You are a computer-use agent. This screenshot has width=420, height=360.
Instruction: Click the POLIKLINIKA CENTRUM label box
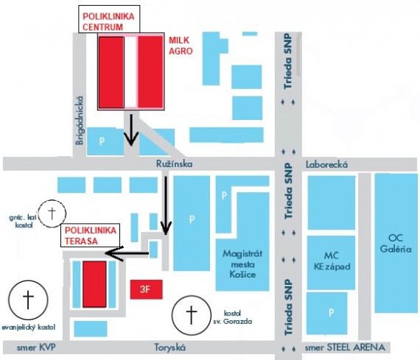(x=109, y=19)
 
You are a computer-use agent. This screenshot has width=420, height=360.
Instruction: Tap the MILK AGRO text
(x=181, y=46)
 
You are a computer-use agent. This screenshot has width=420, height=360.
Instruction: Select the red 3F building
(x=146, y=289)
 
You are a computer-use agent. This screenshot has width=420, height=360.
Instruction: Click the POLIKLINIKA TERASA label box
(x=91, y=236)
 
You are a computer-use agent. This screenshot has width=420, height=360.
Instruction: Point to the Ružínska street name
(x=175, y=164)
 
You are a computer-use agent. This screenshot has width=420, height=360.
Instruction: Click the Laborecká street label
(x=326, y=164)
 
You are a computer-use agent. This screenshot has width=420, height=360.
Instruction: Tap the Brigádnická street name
(x=80, y=121)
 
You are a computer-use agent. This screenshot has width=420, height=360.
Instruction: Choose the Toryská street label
(x=169, y=347)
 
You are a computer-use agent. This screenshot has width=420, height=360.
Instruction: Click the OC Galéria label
(x=396, y=243)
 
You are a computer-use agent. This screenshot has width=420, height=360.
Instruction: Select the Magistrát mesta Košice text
(x=242, y=264)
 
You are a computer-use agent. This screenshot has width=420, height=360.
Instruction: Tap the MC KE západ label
(x=332, y=261)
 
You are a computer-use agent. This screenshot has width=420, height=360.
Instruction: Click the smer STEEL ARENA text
(x=345, y=347)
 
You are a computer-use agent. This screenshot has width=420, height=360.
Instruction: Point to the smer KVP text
(x=36, y=347)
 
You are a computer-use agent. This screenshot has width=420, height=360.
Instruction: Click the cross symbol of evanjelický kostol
(x=28, y=300)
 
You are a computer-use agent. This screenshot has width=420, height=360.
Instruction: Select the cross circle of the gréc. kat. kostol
(x=52, y=213)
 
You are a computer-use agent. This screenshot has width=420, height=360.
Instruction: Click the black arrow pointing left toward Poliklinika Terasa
(x=127, y=253)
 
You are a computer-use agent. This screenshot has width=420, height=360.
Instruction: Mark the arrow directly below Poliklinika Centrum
(x=131, y=130)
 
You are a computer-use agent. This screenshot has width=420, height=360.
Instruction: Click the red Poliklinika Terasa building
(x=94, y=284)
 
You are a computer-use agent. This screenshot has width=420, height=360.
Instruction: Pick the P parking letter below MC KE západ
(x=332, y=312)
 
